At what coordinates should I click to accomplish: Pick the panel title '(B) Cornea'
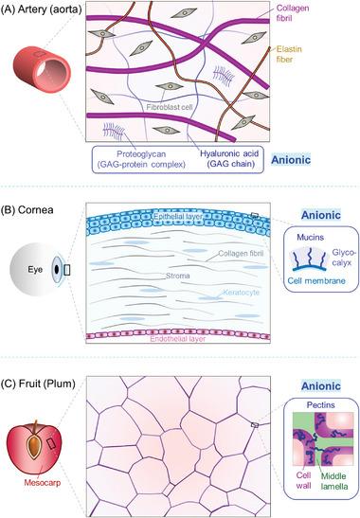[x=35, y=188]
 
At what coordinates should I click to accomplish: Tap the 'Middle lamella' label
[x=331, y=490]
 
